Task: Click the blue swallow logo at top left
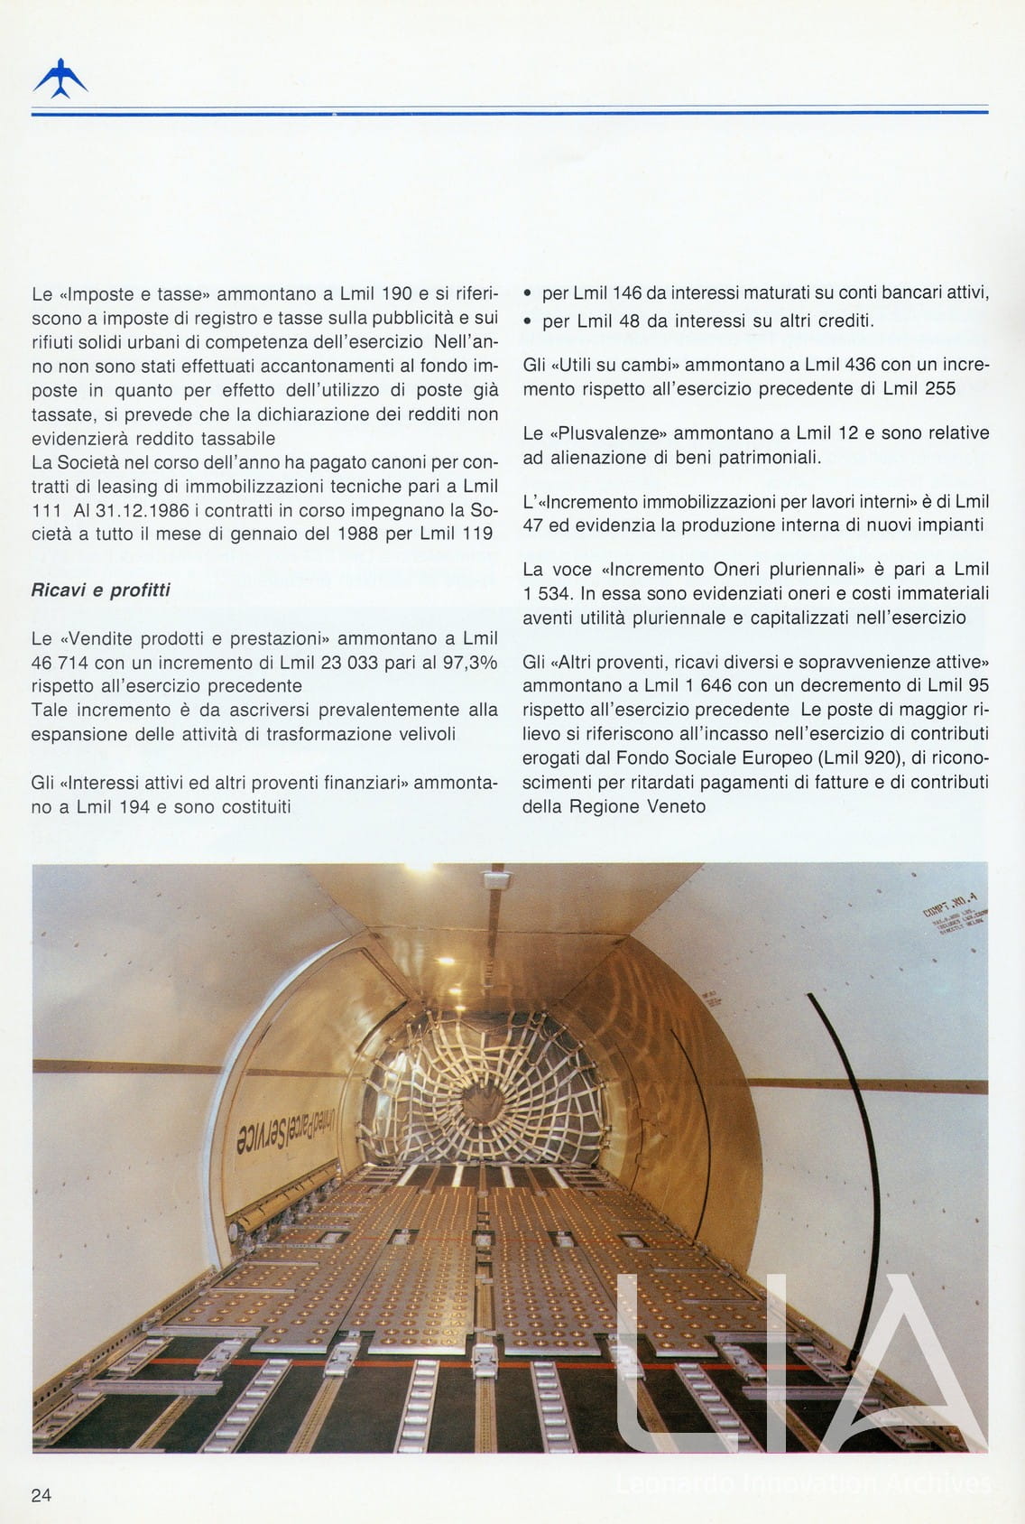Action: click(x=60, y=79)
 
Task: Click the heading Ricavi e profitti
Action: click(x=100, y=590)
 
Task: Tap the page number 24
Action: click(x=42, y=1494)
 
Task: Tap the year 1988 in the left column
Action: click(x=356, y=533)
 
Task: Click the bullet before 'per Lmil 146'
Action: click(x=528, y=294)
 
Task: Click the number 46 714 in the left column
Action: click(x=61, y=662)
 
